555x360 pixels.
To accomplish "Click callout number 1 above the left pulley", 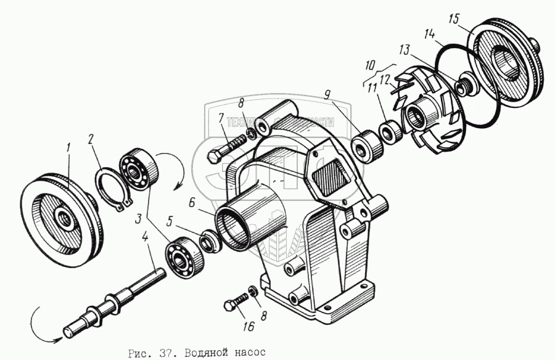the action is pyautogui.click(x=70, y=147).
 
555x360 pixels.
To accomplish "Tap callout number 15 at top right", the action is pyautogui.click(x=453, y=18).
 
